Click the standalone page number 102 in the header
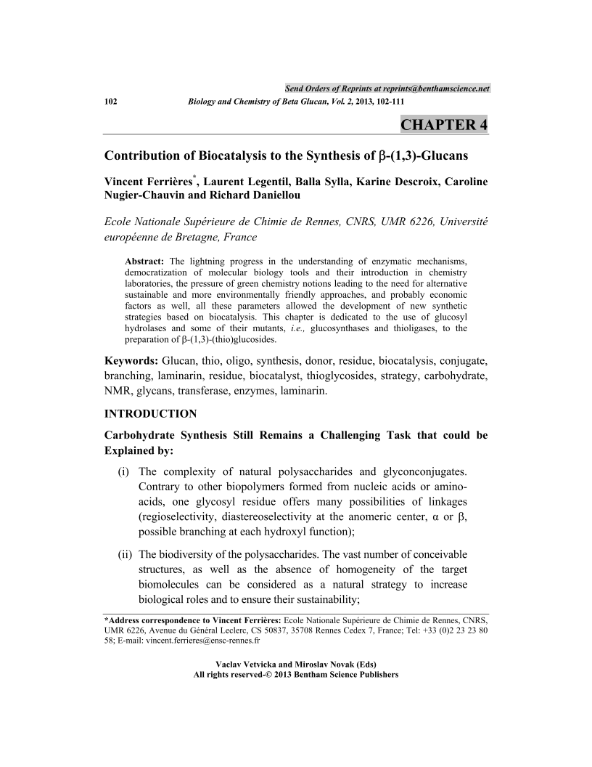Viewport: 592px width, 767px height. pos(111,102)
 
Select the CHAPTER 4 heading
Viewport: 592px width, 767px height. pos(444,125)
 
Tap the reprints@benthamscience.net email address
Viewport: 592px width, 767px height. pos(427,89)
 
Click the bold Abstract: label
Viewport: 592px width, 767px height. pos(145,261)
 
